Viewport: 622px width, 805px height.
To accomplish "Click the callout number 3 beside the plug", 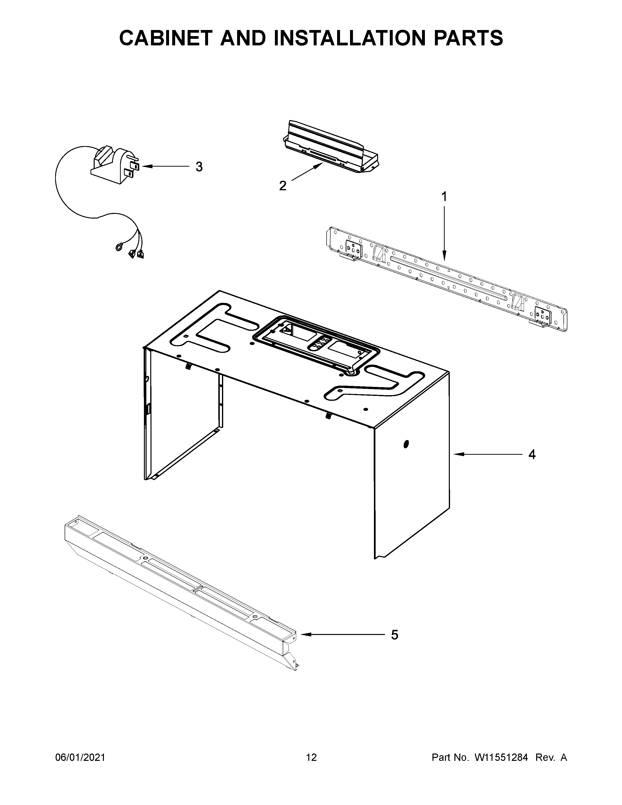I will point(199,167).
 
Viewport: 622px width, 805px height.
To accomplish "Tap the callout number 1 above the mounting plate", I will point(444,197).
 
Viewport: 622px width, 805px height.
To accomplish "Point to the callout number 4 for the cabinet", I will point(532,454).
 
